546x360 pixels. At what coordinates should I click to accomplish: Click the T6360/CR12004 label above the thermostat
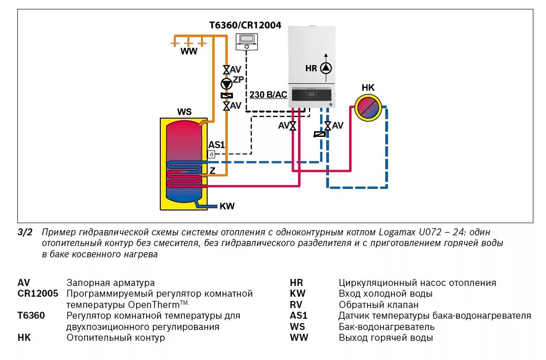tap(245, 25)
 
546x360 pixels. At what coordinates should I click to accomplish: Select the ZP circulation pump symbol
tap(226, 83)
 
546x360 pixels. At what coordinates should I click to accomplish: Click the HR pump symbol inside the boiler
tap(326, 68)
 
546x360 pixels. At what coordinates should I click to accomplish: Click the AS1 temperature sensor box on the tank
tap(211, 154)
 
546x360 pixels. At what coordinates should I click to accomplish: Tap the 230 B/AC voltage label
tap(268, 95)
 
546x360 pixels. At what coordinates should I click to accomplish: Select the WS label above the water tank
tap(184, 112)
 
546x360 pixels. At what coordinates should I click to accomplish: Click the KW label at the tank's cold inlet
tap(227, 206)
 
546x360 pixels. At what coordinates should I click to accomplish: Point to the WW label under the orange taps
tap(189, 52)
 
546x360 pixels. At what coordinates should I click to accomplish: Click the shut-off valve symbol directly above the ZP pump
tap(226, 69)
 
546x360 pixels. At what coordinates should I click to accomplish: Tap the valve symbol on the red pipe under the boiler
tap(293, 126)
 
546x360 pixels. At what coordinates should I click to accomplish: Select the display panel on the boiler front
tap(312, 96)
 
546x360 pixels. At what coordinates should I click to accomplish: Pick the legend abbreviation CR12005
tap(38, 293)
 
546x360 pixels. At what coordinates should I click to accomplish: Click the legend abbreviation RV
tap(297, 305)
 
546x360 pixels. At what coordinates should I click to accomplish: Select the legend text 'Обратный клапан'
tap(372, 305)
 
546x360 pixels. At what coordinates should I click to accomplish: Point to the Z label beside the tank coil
tap(212, 171)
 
